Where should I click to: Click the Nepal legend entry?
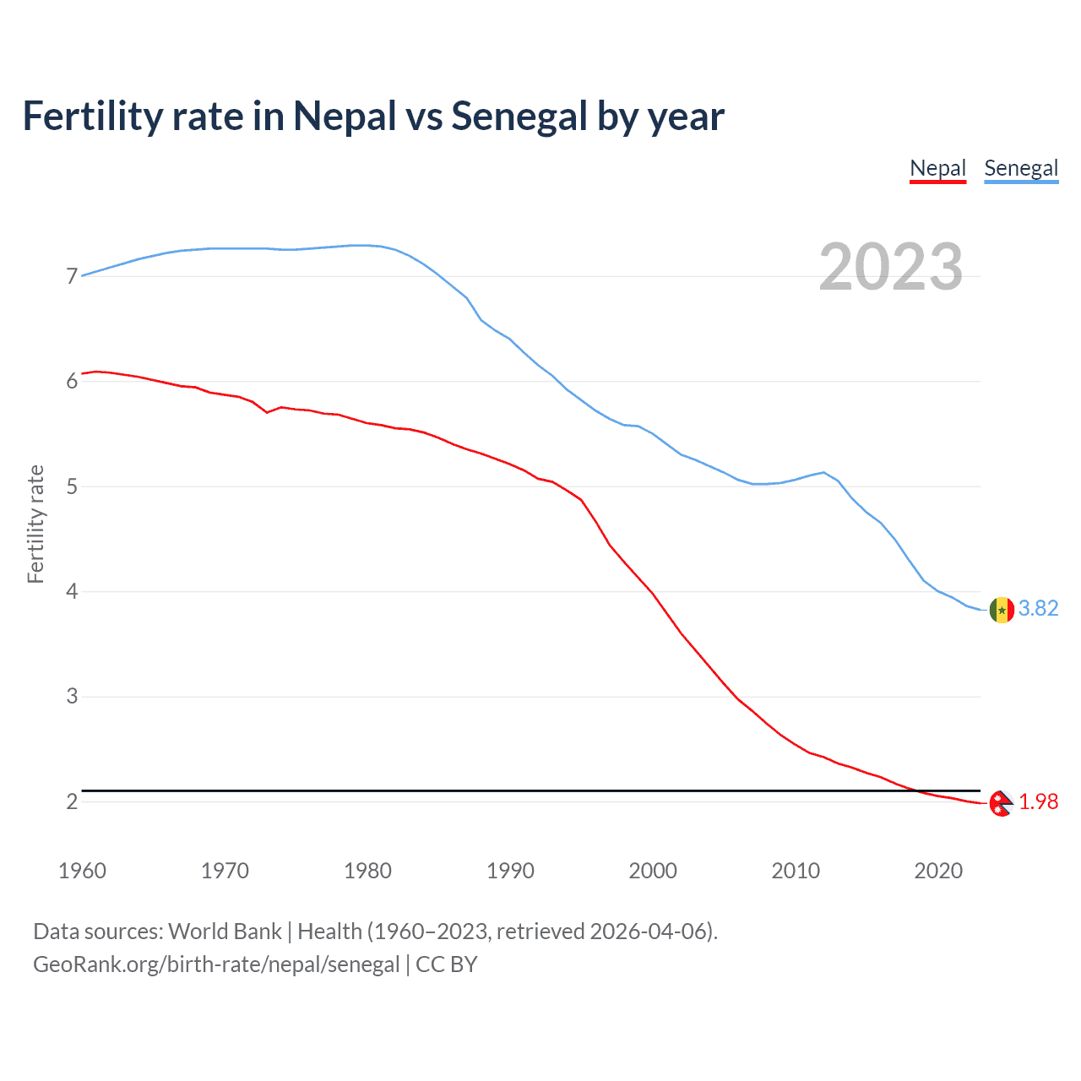coord(937,168)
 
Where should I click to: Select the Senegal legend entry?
coord(1021,168)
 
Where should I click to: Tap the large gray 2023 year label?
coord(891,267)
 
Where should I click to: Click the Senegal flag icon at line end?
coord(1002,609)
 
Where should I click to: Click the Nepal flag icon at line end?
coord(1001,803)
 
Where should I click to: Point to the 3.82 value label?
coord(1038,609)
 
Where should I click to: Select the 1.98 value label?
coord(1038,802)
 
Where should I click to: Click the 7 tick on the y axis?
coord(72,276)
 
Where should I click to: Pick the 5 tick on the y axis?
coord(72,486)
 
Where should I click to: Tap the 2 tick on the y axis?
coord(72,801)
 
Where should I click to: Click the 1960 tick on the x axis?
coord(82,871)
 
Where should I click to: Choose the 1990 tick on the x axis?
coord(510,871)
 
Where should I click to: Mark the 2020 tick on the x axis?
coord(938,871)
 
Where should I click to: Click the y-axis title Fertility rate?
coord(35,524)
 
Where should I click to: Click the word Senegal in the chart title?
coord(519,117)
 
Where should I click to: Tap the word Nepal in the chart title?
coord(345,117)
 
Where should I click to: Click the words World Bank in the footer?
coord(225,932)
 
